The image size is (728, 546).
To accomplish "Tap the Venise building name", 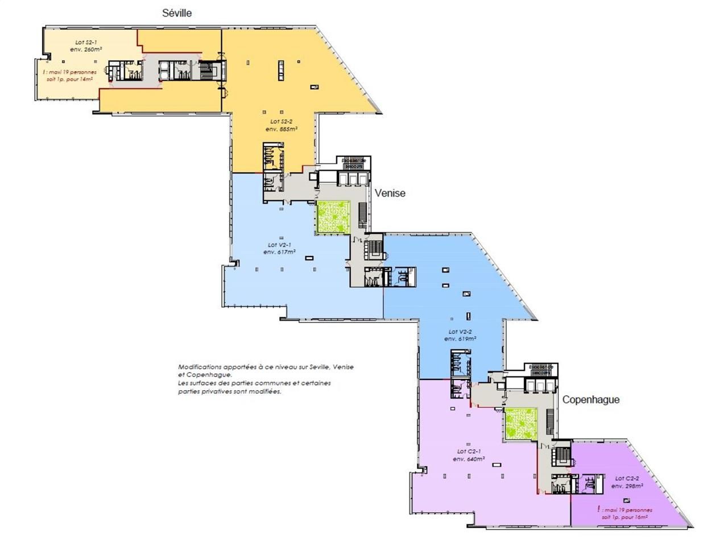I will (390, 193).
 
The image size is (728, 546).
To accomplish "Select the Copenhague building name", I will (591, 400).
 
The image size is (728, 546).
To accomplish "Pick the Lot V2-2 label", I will (461, 332).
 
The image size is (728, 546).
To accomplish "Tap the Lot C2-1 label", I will (469, 452).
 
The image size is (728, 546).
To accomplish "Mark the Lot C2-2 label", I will (627, 479).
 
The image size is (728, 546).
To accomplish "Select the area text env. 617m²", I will (279, 253).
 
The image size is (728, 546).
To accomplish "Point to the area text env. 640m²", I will (469, 459).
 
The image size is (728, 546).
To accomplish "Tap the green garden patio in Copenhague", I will (520, 424).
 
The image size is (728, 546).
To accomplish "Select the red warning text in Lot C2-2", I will (626, 514).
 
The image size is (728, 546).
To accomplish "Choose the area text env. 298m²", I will (627, 487).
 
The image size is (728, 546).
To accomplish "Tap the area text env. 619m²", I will (461, 339).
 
